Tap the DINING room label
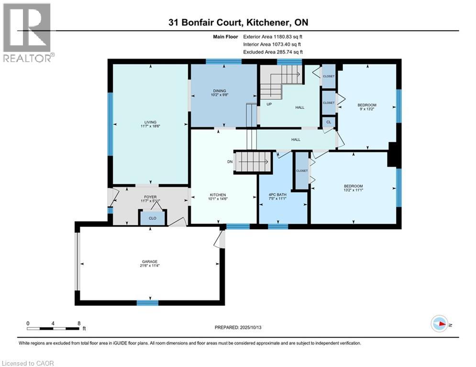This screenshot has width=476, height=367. (x=220, y=91)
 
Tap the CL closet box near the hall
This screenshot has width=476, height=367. (x=329, y=122)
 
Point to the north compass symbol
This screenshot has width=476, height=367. (x=439, y=324)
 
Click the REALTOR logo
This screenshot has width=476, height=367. (x=28, y=32)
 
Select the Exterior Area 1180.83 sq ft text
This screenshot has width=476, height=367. (x=272, y=36)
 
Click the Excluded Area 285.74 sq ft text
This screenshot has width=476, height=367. (x=273, y=52)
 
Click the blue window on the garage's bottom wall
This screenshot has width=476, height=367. (x=147, y=302)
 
